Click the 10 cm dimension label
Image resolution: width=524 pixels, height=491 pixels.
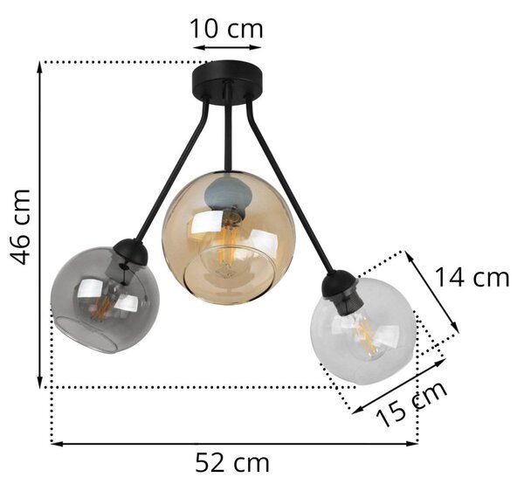tap(226, 29)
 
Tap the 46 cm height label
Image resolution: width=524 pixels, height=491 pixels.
tap(21, 227)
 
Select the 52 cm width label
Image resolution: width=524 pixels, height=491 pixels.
tap(232, 463)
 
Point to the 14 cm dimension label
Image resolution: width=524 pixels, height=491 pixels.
tap(472, 278)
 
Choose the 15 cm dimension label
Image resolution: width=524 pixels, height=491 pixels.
tap(411, 404)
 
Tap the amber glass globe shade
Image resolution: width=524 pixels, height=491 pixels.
tap(229, 238)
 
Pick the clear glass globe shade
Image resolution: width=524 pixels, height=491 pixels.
tap(363, 331)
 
